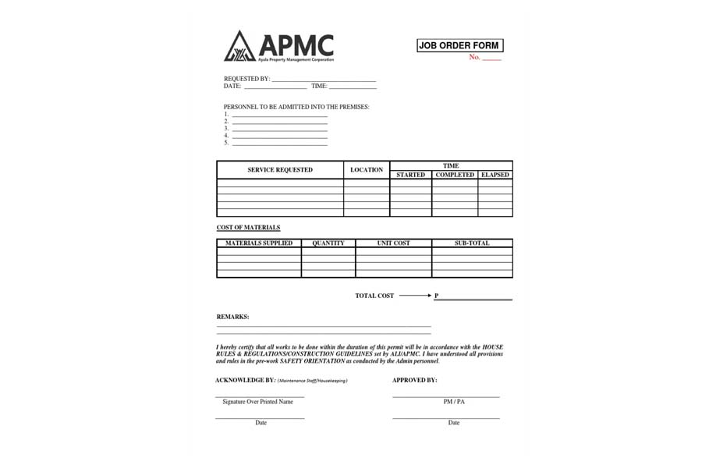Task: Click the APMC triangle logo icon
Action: pyautogui.click(x=239, y=47)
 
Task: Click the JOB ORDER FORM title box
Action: pyautogui.click(x=459, y=46)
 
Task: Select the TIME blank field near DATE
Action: pyautogui.click(x=353, y=87)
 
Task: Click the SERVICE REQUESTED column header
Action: pyautogui.click(x=280, y=170)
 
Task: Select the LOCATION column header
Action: pyautogui.click(x=367, y=170)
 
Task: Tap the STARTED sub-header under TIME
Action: pyautogui.click(x=410, y=175)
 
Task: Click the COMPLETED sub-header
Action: pyautogui.click(x=455, y=175)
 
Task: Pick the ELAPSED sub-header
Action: pyautogui.click(x=495, y=175)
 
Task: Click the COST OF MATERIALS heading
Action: pyautogui.click(x=248, y=228)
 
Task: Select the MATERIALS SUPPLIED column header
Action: pyautogui.click(x=259, y=243)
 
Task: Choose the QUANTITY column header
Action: pyautogui.click(x=328, y=243)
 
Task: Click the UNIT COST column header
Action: pyautogui.click(x=393, y=243)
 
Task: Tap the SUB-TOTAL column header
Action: pyautogui.click(x=472, y=243)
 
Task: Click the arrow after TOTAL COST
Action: pyautogui.click(x=416, y=296)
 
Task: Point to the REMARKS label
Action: pyautogui.click(x=232, y=317)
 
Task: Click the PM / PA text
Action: pyautogui.click(x=454, y=402)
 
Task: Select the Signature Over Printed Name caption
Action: pyautogui.click(x=257, y=402)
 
